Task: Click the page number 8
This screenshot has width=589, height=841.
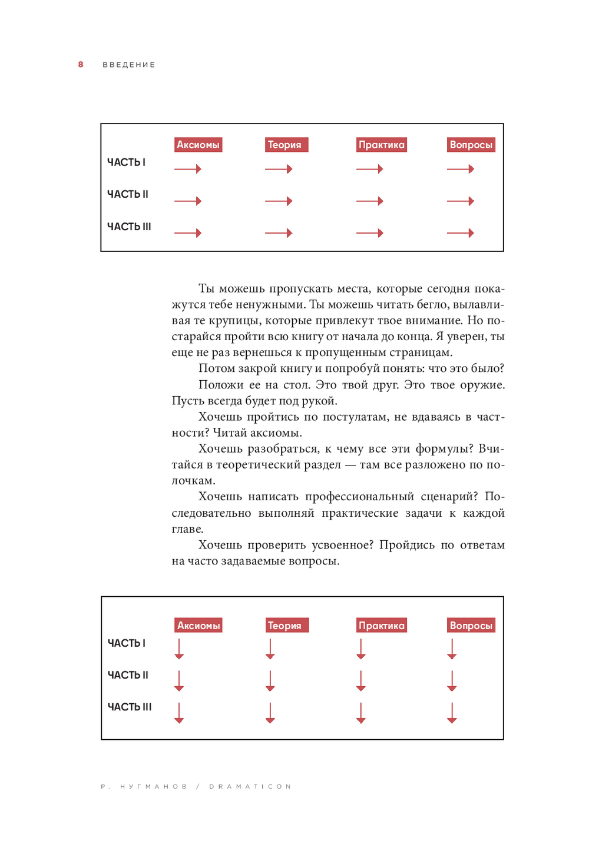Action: [x=81, y=65]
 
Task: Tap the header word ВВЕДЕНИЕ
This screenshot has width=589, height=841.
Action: [x=129, y=65]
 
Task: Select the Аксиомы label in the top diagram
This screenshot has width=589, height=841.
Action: [x=198, y=145]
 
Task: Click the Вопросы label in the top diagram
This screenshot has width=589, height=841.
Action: [x=471, y=145]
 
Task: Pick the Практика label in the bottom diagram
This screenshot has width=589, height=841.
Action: [x=382, y=626]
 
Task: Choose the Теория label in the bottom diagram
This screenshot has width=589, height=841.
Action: [x=285, y=626]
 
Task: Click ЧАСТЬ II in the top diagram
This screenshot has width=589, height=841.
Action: [x=128, y=194]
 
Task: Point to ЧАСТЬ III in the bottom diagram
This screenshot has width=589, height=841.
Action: [x=130, y=707]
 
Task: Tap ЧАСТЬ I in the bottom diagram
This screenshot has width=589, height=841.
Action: [x=127, y=643]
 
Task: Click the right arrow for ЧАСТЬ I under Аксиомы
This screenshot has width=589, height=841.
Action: [x=188, y=169]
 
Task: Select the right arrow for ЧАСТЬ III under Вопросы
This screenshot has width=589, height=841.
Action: [x=461, y=233]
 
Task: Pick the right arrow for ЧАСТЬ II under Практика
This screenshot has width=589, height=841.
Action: [x=370, y=201]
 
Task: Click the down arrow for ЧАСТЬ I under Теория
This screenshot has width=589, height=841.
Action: [x=270, y=649]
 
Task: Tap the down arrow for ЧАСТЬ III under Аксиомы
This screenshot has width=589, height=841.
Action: [x=180, y=712]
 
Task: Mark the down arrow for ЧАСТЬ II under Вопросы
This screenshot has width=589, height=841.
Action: [x=452, y=680]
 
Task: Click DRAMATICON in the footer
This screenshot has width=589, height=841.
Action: [x=250, y=786]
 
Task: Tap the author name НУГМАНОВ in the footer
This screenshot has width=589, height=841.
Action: [x=154, y=786]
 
